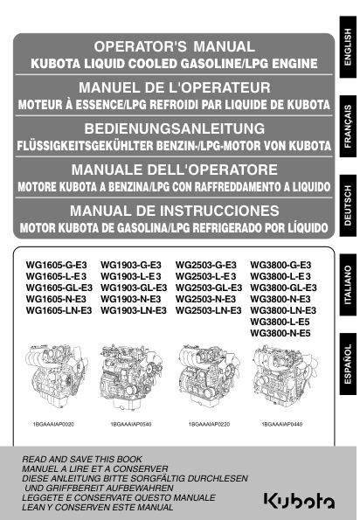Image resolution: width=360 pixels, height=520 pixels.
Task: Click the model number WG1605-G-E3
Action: click(x=52, y=264)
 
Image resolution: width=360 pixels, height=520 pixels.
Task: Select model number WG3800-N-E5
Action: click(x=280, y=333)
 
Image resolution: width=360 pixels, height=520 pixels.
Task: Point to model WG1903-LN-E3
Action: click(x=134, y=310)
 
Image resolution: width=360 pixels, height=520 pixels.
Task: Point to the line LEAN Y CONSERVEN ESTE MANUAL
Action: click(x=98, y=506)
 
